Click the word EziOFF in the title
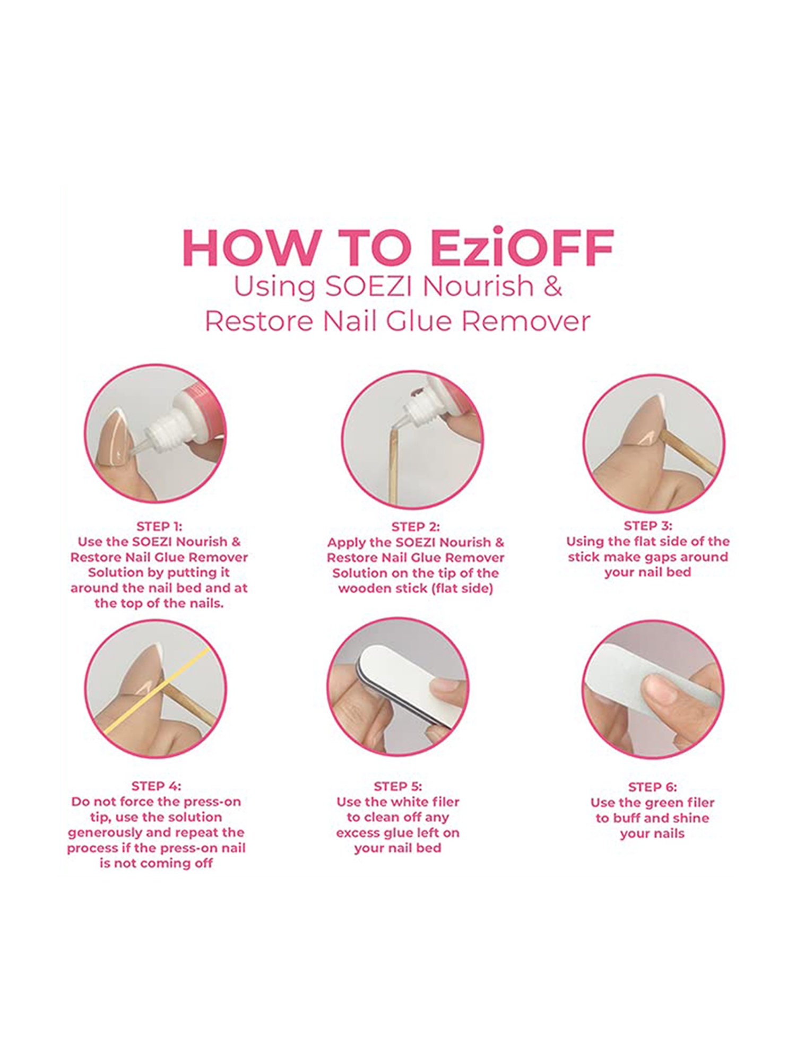click(x=522, y=248)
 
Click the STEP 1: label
click(x=159, y=526)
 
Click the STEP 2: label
click(x=416, y=527)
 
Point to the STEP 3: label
click(x=647, y=526)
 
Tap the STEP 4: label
click(x=156, y=786)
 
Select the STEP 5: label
click(x=397, y=786)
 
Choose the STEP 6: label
click(x=652, y=787)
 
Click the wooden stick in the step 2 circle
click(x=394, y=467)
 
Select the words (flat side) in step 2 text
click(x=463, y=588)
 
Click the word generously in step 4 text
click(x=101, y=832)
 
